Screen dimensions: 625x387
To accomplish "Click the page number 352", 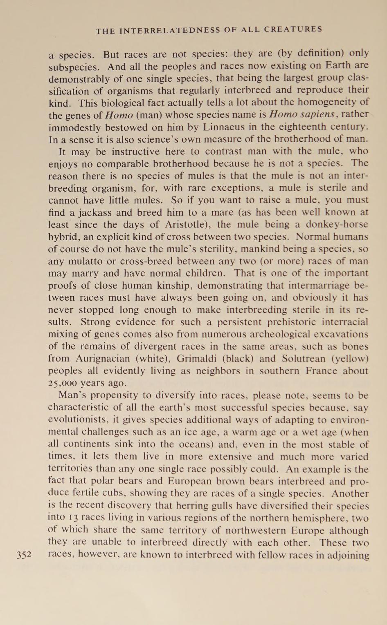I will pos(24,555).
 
